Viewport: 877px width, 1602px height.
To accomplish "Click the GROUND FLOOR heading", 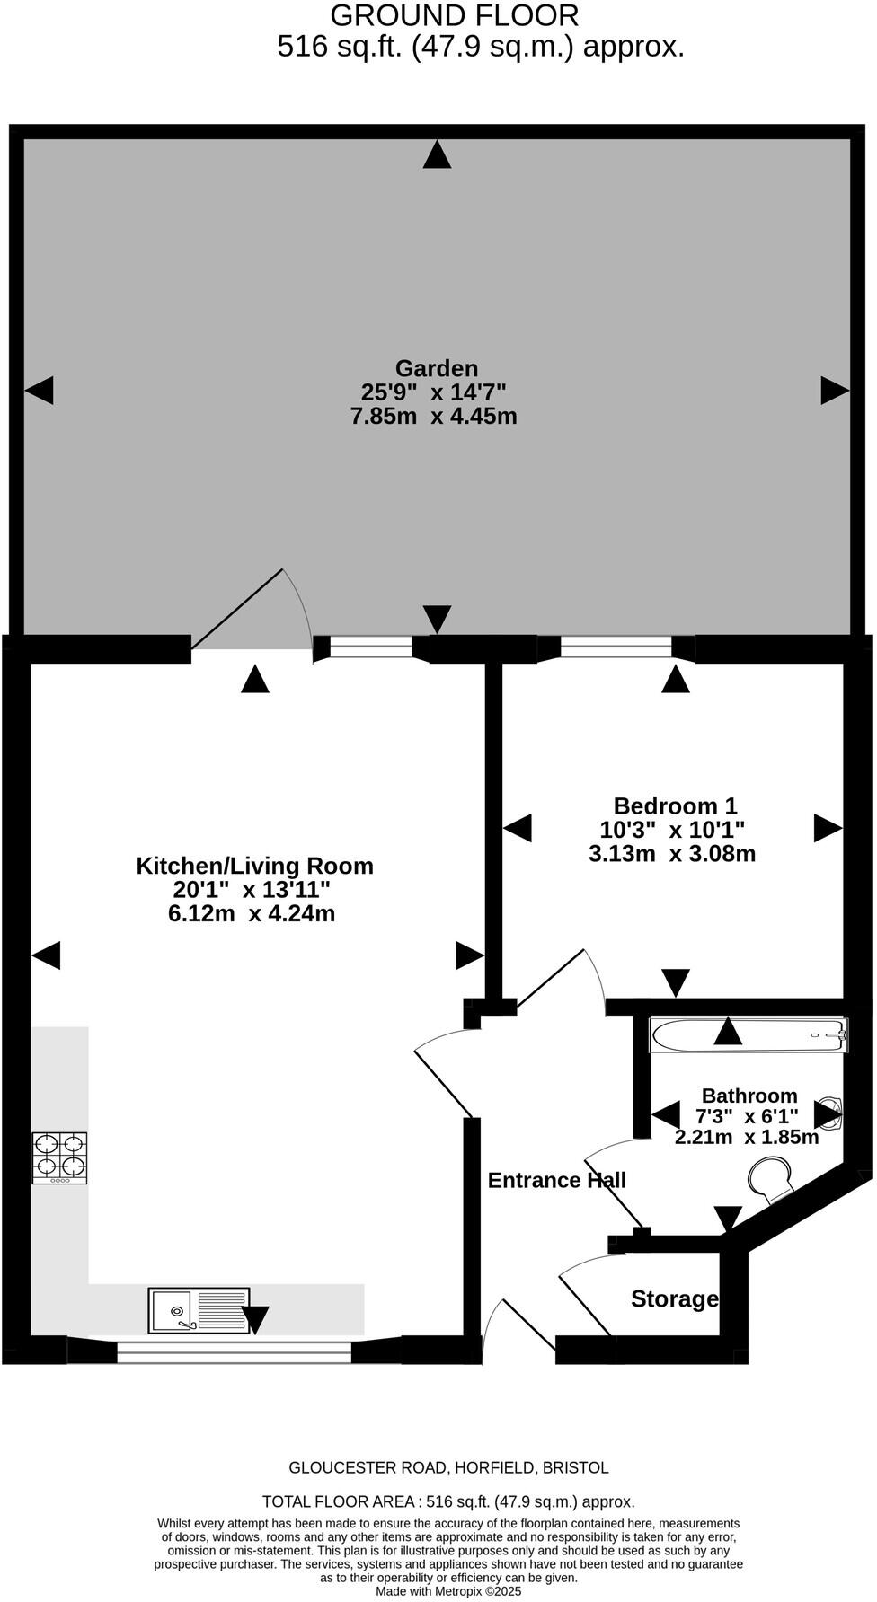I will [455, 16].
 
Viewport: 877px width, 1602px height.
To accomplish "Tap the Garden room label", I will [437, 368].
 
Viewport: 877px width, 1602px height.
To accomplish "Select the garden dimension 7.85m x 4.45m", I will [434, 417].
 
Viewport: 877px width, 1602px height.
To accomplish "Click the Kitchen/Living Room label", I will [254, 866].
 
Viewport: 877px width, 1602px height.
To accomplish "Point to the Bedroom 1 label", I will [675, 805].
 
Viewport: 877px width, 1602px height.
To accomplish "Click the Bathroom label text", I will [749, 1096].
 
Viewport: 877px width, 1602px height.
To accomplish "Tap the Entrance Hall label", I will [556, 1180].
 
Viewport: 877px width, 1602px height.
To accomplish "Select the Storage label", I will [674, 1298].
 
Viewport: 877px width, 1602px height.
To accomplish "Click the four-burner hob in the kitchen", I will [60, 1157].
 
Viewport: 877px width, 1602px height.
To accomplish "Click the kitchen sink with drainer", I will [199, 1310].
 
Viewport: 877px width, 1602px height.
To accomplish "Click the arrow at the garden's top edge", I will [437, 155].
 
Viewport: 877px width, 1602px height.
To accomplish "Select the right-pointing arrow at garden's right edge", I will [835, 390].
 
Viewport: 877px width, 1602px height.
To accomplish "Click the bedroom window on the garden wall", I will [616, 647].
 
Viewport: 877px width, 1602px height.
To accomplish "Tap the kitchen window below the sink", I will [234, 1352].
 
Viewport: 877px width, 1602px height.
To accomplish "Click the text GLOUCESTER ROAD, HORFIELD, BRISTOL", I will [448, 1467].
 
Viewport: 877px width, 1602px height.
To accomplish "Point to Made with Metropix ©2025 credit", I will [448, 1590].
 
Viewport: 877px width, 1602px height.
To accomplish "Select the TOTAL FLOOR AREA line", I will [448, 1501].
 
